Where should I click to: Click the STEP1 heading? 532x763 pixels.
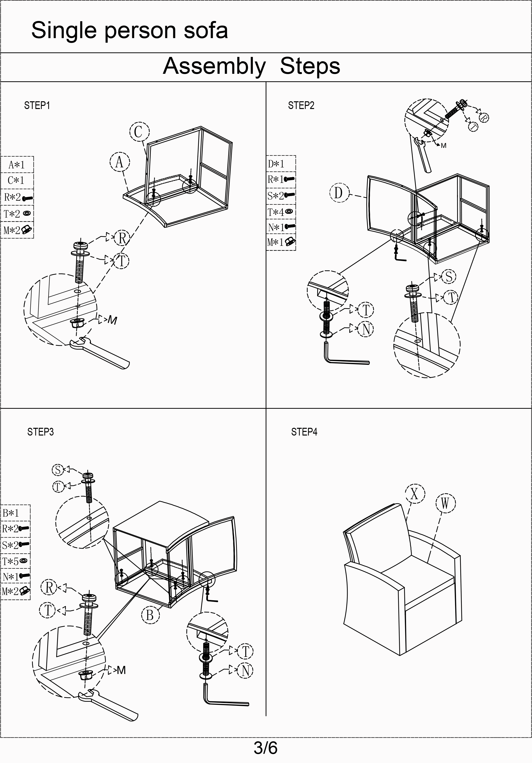(x=37, y=106)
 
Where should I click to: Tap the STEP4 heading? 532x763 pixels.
(x=304, y=432)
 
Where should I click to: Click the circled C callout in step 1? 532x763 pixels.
(x=139, y=132)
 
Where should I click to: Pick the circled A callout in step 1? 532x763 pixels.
(x=120, y=162)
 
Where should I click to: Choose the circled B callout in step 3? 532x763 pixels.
(x=150, y=615)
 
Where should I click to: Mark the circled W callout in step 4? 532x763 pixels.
(x=445, y=504)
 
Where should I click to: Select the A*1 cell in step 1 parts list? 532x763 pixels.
(x=17, y=164)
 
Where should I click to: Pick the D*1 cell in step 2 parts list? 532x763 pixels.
(x=281, y=164)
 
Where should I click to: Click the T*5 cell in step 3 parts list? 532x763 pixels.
(x=15, y=561)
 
